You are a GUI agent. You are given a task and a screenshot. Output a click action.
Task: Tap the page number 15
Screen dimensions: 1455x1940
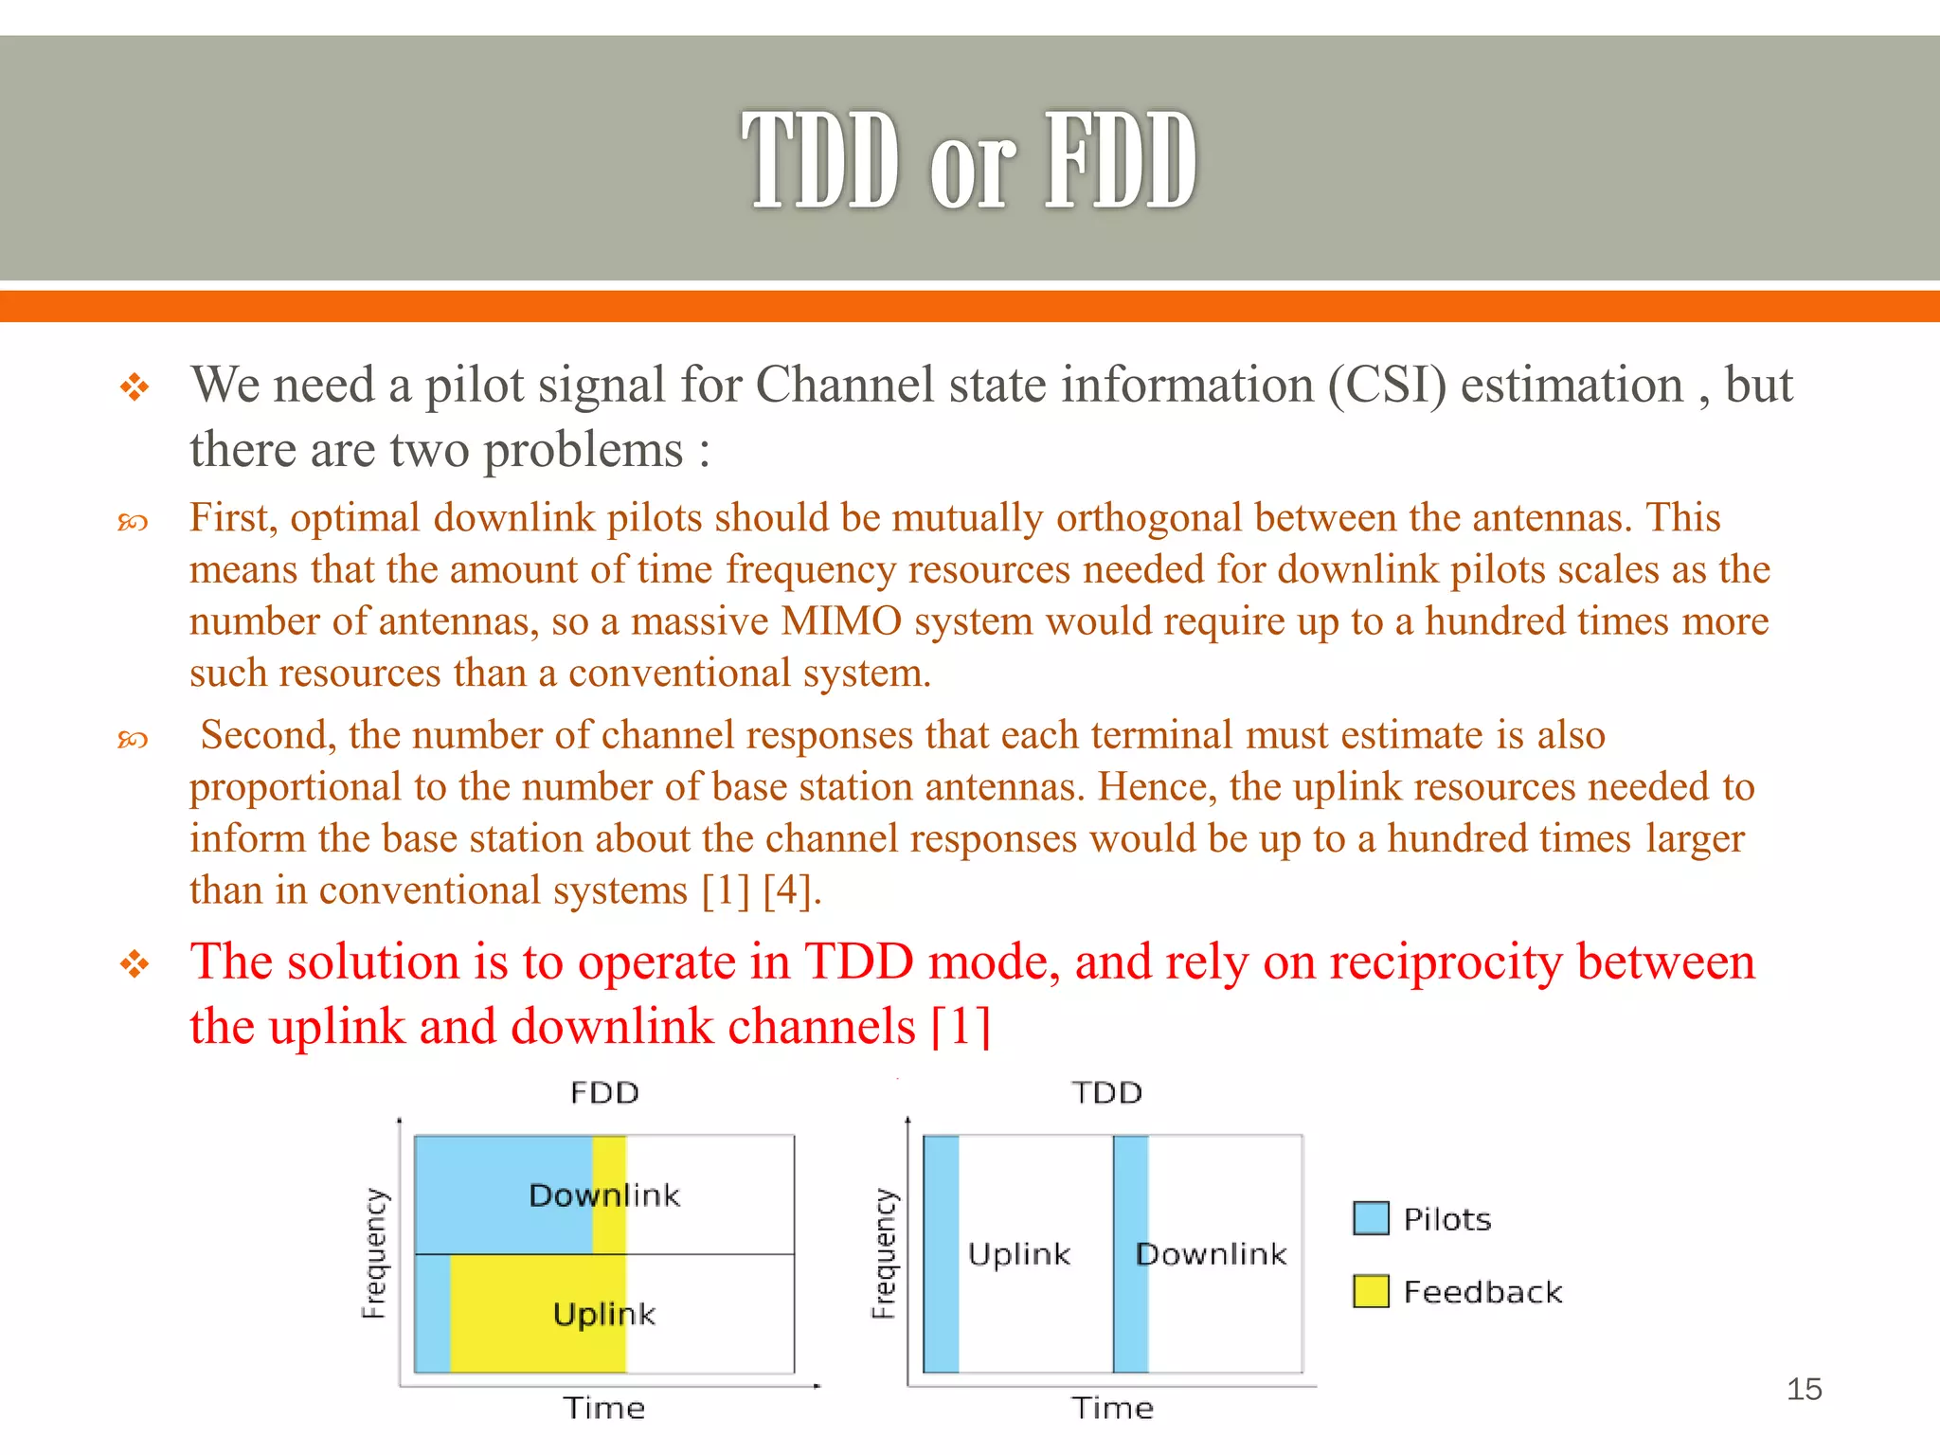pos(1804,1390)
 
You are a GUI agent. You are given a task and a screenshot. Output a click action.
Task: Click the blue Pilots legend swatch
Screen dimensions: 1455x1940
pos(1371,1218)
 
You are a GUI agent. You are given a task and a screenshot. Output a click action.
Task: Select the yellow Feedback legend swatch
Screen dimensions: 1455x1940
pos(1371,1291)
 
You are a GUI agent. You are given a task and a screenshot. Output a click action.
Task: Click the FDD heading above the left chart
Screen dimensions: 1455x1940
pos(604,1093)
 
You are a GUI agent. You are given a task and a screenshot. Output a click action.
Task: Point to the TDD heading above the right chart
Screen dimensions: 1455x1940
pos(1106,1093)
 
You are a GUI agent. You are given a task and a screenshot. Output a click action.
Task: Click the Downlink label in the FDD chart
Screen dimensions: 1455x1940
pos(604,1195)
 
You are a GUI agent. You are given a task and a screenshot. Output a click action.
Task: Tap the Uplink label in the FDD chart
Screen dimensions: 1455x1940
pos(604,1314)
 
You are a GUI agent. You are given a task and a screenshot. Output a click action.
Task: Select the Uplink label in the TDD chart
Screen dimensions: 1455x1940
pos(1019,1254)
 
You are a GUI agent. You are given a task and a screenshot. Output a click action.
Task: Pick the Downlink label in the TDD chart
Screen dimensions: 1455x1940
pos(1212,1254)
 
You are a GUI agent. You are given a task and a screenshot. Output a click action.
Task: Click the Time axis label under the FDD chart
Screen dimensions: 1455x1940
pos(604,1408)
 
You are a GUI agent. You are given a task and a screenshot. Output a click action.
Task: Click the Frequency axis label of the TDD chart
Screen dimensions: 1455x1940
pos(883,1253)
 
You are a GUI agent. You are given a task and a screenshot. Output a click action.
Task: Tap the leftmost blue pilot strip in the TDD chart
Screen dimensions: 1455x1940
pos(941,1254)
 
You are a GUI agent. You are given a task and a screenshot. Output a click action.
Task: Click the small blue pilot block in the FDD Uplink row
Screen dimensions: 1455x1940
pos(433,1314)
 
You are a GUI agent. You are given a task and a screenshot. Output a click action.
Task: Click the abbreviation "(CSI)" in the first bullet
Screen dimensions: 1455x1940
pos(1387,386)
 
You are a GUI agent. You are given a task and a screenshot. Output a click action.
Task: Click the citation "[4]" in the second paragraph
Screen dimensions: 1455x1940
pos(786,890)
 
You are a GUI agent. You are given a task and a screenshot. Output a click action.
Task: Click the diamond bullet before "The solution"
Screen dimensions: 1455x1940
pos(135,965)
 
